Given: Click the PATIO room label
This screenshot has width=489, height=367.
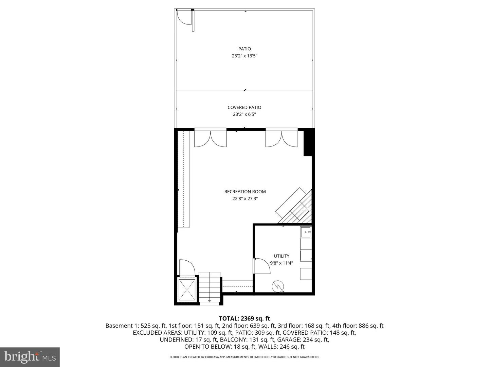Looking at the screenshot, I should pos(244,49).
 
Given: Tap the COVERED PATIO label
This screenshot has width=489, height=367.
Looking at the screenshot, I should pos(244,107).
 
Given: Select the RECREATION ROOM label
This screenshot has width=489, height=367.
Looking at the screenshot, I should pos(245,192).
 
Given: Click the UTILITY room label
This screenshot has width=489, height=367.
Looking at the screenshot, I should pos(282,256).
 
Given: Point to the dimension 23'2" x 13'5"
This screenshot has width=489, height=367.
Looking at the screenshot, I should pos(244,56).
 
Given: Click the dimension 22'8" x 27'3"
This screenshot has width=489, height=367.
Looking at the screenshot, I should pos(245,199).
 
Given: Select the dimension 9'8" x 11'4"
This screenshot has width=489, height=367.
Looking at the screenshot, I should pos(282,263).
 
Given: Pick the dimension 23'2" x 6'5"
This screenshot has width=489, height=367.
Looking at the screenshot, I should pos(244,115).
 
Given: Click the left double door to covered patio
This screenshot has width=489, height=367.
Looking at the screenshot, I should pos(210,139).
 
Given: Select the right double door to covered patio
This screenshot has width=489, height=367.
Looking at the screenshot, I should pos(282,139).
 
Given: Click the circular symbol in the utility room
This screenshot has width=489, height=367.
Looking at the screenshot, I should pos(277,287).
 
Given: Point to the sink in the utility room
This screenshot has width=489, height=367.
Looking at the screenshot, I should pos(306,232).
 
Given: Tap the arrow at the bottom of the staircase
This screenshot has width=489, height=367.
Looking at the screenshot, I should pos(210,300).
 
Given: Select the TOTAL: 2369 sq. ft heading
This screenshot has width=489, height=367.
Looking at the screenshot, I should pos(244,318).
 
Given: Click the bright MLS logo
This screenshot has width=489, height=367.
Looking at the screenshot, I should pos(30,357).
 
